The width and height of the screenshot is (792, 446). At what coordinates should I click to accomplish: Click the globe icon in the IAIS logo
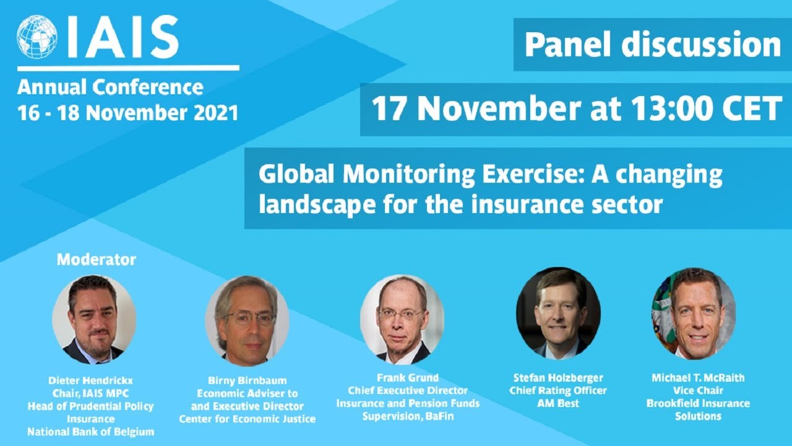point(37,37)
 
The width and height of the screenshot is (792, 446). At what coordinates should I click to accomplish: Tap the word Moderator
point(96,259)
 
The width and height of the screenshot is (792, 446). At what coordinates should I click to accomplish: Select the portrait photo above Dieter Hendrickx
point(94,320)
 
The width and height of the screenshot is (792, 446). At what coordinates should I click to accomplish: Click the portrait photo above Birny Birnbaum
point(247,320)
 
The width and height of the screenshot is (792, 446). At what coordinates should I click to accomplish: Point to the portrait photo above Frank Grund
point(402,320)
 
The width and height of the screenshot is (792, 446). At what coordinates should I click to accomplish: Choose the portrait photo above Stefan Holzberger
point(558,313)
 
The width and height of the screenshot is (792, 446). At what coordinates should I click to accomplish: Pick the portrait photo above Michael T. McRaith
point(694,313)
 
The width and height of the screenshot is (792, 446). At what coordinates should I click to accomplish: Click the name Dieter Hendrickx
point(90,381)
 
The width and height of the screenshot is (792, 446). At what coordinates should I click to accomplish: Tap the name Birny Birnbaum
point(247,381)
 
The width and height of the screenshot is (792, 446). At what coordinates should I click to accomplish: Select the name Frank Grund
point(408,378)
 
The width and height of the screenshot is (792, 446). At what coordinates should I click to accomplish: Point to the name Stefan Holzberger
point(558,378)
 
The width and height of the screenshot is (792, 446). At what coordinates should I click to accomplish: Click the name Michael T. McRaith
point(698,378)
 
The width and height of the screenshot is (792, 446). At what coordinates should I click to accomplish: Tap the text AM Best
point(558,403)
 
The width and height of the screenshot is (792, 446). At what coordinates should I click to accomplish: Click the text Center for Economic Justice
point(247,419)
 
